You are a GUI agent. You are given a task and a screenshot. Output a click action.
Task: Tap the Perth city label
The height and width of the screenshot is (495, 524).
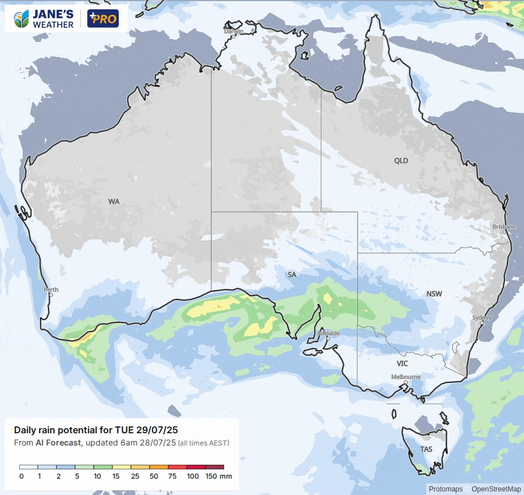[51, 289]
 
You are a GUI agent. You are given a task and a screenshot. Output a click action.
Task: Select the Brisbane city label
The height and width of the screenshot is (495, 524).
[504, 227]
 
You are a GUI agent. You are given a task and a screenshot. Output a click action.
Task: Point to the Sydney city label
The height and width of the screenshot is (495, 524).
[482, 317]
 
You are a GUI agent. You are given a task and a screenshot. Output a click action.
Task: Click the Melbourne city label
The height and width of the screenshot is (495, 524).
[406, 377]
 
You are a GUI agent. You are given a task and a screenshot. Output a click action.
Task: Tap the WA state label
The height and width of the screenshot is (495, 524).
[114, 201]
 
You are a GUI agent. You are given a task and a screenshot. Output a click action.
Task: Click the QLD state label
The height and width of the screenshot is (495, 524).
[401, 161]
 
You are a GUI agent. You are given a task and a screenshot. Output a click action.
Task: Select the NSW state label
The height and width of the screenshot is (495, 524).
[434, 294]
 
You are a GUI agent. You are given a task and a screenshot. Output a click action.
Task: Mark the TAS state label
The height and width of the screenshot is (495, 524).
[426, 450]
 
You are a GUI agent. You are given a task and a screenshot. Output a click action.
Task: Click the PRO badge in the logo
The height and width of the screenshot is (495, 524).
[103, 19]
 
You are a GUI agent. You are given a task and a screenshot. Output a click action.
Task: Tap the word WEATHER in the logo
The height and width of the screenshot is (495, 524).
[53, 24]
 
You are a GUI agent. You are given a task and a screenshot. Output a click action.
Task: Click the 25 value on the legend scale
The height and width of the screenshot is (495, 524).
[135, 476]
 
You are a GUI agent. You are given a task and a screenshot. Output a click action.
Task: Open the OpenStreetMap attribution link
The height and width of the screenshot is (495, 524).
[497, 489]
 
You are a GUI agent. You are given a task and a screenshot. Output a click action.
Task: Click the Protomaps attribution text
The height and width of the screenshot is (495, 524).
[446, 489]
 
